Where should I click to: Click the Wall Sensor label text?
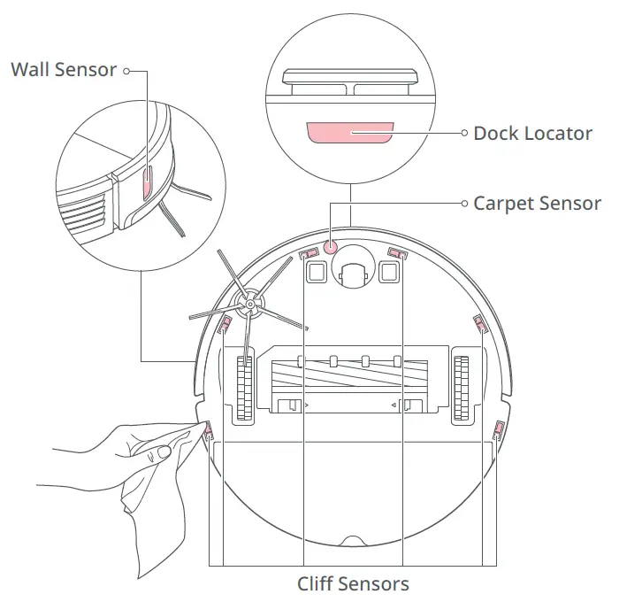[64, 69]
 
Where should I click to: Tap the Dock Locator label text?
[532, 134]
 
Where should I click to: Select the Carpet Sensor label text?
[537, 204]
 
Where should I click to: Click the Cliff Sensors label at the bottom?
[353, 584]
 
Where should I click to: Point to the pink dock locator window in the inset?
[350, 133]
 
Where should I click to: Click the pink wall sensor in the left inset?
[148, 181]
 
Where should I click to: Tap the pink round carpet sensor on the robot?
[331, 249]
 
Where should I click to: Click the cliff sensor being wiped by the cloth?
[210, 430]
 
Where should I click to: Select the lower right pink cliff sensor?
[498, 429]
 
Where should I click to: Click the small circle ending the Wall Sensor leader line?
[127, 70]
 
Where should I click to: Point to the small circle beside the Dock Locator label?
[464, 134]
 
